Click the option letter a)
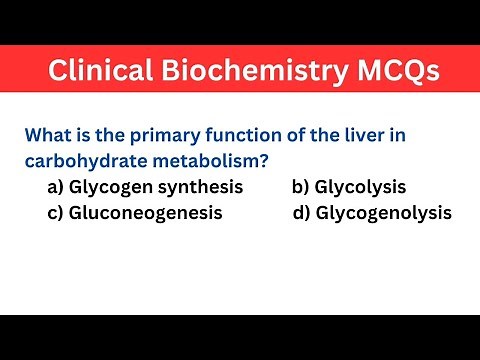(x=56, y=187)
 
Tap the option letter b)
(x=301, y=187)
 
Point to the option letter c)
(x=56, y=213)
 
